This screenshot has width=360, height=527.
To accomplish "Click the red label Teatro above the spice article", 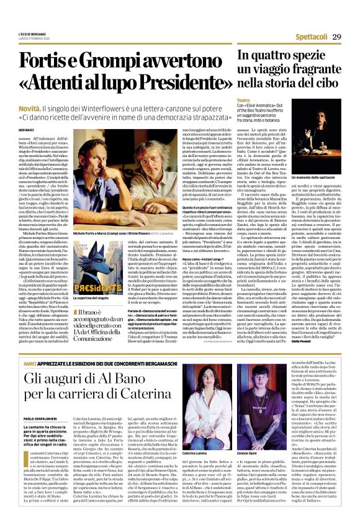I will (x=243, y=100).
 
